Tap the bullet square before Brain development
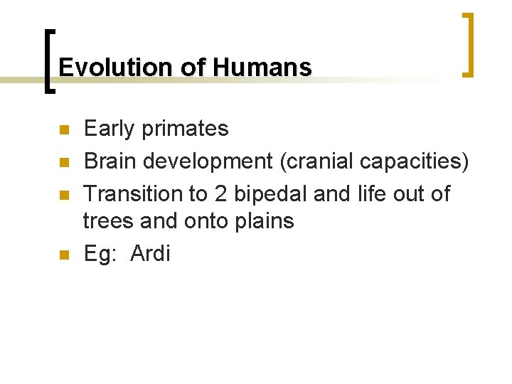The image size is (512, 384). (63, 163)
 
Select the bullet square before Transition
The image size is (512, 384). (63, 194)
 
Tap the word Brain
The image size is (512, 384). (110, 161)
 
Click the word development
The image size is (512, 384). (208, 162)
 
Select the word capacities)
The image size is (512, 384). (415, 162)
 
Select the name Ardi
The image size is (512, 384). (151, 254)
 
